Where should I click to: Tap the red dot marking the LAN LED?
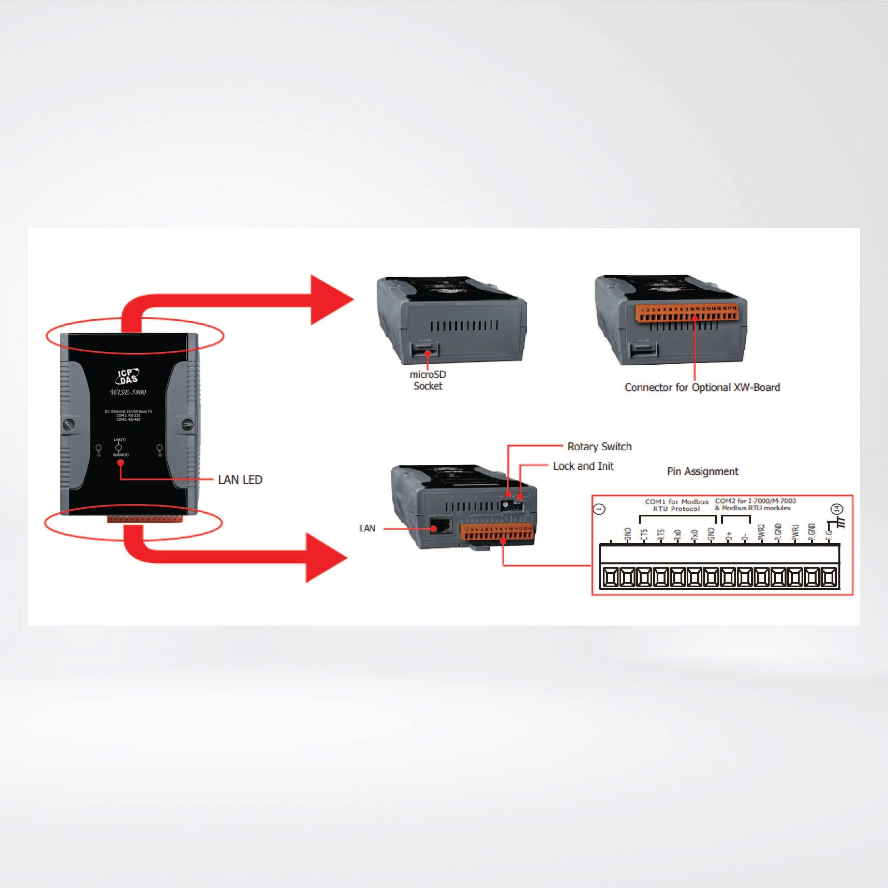tap(120, 463)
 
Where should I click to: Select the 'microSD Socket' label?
tap(427, 380)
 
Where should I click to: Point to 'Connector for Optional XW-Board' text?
tap(702, 388)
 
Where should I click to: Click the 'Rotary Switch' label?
tap(599, 446)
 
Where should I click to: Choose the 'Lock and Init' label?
tap(583, 466)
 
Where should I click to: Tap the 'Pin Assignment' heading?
tap(702, 471)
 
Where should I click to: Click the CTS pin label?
tap(644, 535)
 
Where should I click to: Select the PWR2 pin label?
tap(761, 533)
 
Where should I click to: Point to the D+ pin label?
tap(728, 535)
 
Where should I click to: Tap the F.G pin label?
tap(829, 535)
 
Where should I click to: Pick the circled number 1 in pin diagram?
tap(600, 509)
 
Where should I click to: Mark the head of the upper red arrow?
tap(331, 300)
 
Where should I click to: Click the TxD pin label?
tap(695, 535)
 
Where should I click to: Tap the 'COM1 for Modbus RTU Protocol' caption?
tap(676, 505)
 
